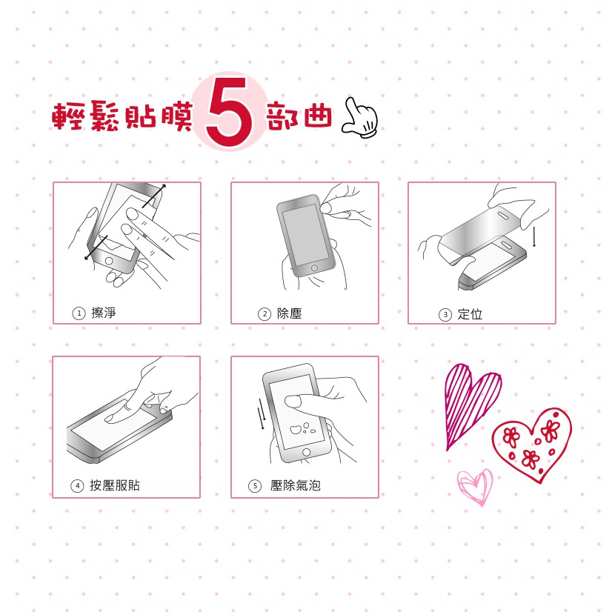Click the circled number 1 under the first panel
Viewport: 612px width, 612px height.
pyautogui.click(x=79, y=313)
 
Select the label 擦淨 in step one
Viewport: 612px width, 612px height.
pyautogui.click(x=104, y=313)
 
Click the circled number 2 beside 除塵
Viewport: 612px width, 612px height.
pyautogui.click(x=265, y=314)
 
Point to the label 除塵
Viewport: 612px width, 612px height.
pyautogui.click(x=289, y=313)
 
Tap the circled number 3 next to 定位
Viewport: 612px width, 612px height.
pyautogui.click(x=445, y=315)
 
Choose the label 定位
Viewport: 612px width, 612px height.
pyautogui.click(x=470, y=314)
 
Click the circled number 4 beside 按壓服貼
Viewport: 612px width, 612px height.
pyautogui.click(x=77, y=486)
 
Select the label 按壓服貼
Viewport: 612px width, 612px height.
pyautogui.click(x=115, y=485)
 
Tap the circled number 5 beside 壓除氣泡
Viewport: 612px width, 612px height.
pyautogui.click(x=255, y=486)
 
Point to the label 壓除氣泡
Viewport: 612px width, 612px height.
pyautogui.click(x=296, y=485)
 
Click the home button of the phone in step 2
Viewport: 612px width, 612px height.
pyautogui.click(x=314, y=268)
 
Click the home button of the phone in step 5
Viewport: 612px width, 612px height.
pyautogui.click(x=307, y=452)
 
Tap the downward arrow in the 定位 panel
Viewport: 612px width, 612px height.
pyautogui.click(x=534, y=236)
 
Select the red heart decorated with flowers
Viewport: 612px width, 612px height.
pyautogui.click(x=531, y=445)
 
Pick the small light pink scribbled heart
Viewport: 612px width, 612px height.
pyautogui.click(x=476, y=487)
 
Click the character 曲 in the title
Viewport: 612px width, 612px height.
pyautogui.click(x=318, y=115)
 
